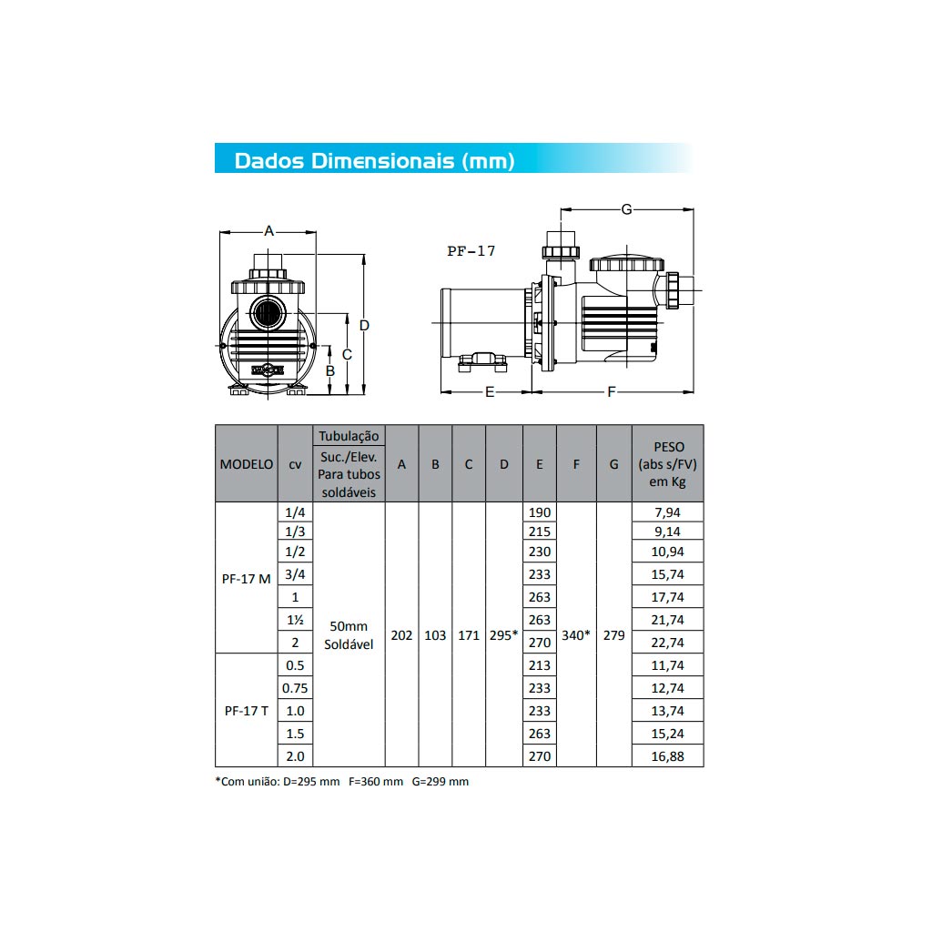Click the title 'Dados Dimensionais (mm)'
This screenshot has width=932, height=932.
pos(374,161)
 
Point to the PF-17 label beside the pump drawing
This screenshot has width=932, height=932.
pos(471,251)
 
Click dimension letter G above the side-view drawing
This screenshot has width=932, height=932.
pos(626,209)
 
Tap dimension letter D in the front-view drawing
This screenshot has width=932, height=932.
pos(363,325)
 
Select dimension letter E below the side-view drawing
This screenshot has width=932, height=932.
pos(489,392)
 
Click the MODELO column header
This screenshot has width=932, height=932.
pos(247,463)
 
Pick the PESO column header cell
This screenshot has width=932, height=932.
pos(667,463)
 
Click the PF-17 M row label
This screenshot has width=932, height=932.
pos(247,578)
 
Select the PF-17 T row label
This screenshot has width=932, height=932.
pos(247,711)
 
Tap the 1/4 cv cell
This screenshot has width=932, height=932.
pos(295,512)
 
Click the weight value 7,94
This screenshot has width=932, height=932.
pos(667,512)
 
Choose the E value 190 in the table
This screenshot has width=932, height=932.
pos(540,512)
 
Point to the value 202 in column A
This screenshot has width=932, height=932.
pos(401,635)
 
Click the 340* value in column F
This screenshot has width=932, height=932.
pos(576,635)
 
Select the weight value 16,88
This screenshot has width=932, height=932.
pos(667,756)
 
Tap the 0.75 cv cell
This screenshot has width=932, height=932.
pos(295,688)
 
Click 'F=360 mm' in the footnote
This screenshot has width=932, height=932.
pos(375,782)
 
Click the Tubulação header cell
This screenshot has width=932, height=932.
pos(348,436)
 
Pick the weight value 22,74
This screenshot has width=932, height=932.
pos(667,643)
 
